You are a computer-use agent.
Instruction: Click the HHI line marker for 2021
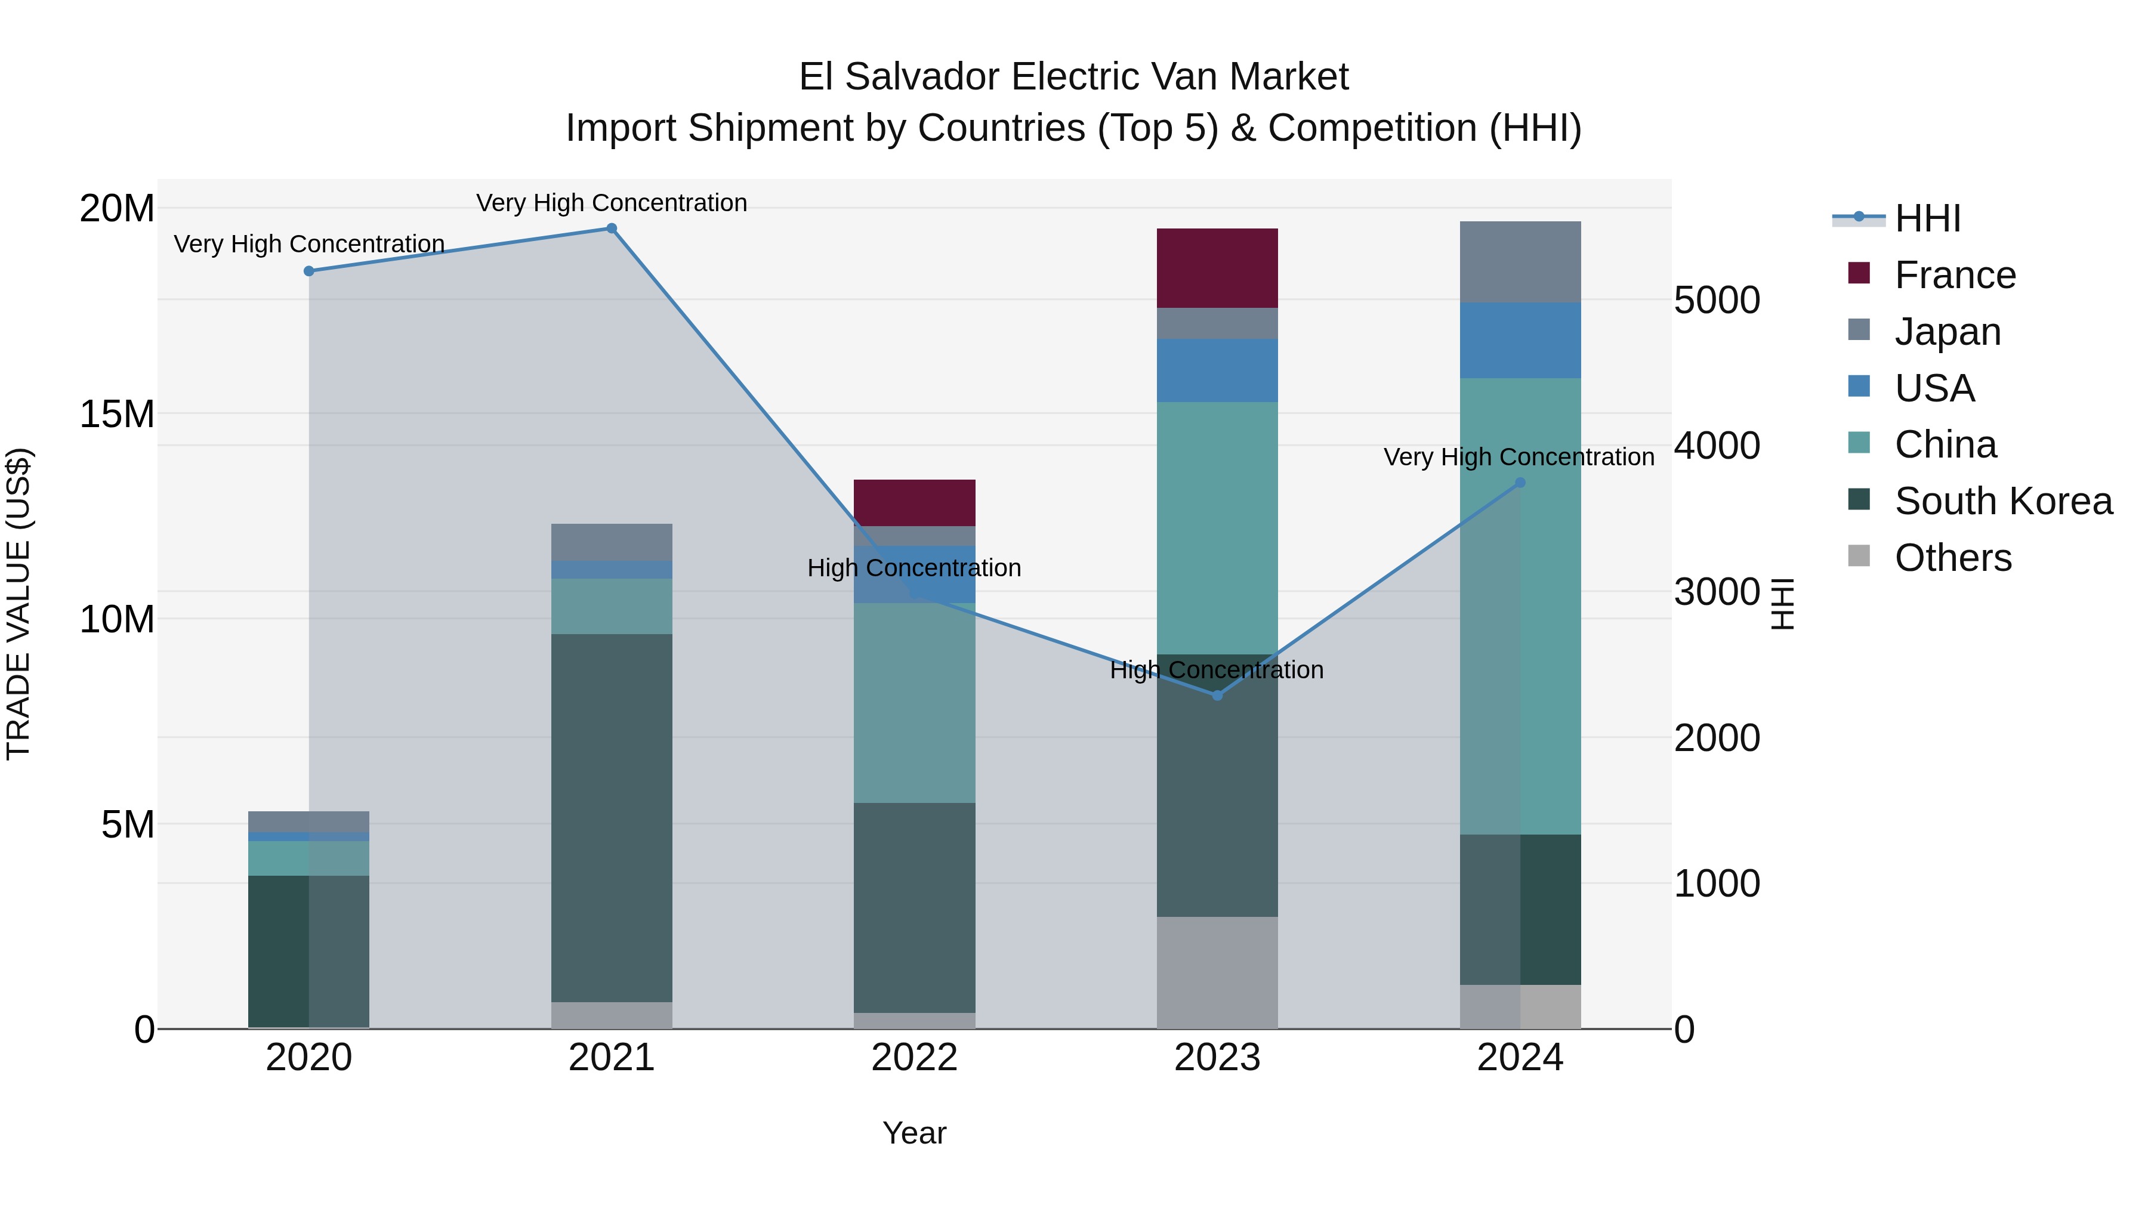611,228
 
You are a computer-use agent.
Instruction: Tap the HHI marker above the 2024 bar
1519,483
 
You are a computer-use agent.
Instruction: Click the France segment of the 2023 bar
1217,268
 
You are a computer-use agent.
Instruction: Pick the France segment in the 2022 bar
914,503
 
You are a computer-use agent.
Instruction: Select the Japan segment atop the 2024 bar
1519,262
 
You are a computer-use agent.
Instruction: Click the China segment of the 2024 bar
1519,606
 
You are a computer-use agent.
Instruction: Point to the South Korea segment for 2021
611,817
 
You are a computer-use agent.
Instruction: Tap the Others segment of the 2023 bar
1217,972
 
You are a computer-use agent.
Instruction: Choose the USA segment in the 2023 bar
1217,370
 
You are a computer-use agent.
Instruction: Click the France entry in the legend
1955,275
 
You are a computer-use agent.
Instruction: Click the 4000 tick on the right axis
1717,446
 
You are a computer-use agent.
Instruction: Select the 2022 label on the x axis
914,1058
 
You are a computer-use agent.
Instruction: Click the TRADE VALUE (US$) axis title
18,604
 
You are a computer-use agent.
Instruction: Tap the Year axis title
914,1133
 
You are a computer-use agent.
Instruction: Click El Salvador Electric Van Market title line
1073,77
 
